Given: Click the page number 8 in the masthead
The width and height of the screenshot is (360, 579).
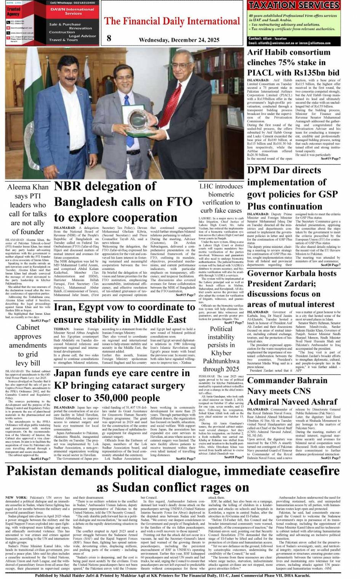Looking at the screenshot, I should pyautogui.click(x=109, y=37).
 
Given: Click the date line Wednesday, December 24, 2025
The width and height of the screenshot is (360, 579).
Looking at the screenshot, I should pyautogui.click(x=179, y=40).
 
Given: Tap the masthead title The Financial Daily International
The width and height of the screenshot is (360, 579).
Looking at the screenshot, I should pyautogui.click(x=172, y=21).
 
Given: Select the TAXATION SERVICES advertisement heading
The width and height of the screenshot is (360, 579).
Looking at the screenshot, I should pyautogui.click(x=293, y=5).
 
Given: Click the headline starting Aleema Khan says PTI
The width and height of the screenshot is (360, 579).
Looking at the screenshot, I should pyautogui.click(x=28, y=209).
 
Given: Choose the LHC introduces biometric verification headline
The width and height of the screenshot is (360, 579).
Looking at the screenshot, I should pyautogui.click(x=221, y=198).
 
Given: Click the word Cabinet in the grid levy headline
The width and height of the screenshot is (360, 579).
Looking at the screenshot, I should pyautogui.click(x=28, y=327).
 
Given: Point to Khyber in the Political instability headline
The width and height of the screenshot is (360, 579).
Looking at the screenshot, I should pyautogui.click(x=221, y=353).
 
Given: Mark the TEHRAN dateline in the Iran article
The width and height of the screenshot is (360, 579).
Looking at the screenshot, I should pyautogui.click(x=61, y=329).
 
